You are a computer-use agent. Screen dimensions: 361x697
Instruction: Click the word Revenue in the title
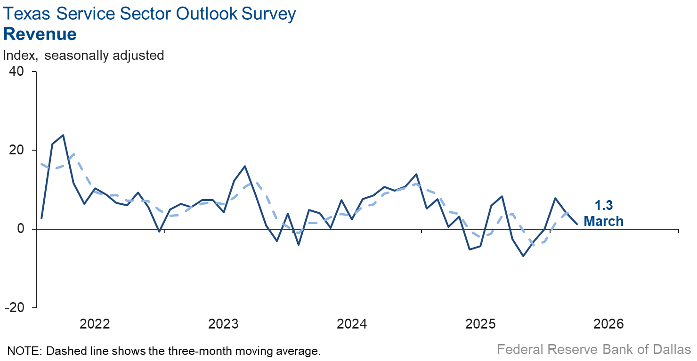[x=40, y=34]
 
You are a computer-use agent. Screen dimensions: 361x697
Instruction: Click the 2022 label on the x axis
[x=95, y=324]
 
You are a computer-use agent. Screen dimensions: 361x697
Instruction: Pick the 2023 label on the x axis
[x=223, y=324]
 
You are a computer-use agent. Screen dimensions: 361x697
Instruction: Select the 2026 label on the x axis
[x=608, y=324]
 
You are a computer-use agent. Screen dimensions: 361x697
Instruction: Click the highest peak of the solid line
[x=63, y=135]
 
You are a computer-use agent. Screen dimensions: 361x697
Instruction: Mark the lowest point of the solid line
[x=523, y=256]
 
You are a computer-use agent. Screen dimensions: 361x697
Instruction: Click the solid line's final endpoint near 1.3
[x=577, y=224]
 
